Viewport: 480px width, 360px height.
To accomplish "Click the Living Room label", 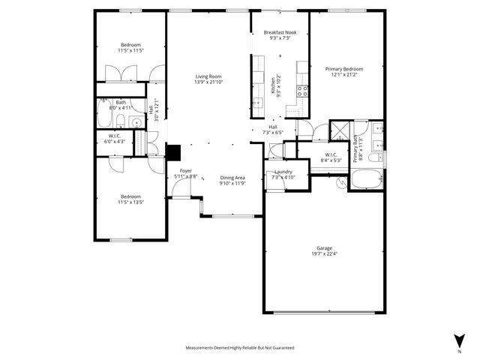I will [209, 76].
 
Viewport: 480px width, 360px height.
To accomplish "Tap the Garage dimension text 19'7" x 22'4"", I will [324, 253].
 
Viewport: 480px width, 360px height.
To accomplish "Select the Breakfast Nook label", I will [281, 33].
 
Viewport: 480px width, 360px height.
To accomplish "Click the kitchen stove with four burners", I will [302, 91].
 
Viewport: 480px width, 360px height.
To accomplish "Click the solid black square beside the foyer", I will [174, 153].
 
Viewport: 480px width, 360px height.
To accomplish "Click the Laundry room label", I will [283, 172].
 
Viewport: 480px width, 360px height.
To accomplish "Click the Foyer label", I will [184, 171].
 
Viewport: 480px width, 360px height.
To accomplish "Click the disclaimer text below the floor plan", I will [240, 348].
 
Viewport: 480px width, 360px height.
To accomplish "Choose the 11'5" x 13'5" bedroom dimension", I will [130, 202].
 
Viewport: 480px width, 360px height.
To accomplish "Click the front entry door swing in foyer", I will [181, 190].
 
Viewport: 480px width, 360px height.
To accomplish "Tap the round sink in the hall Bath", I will [136, 122].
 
